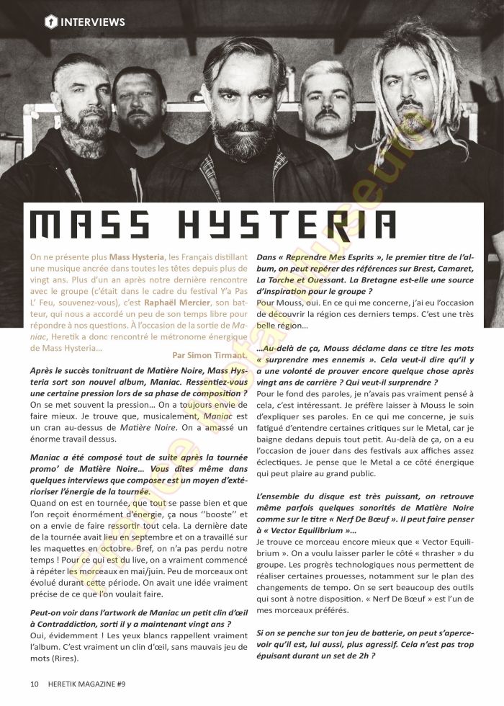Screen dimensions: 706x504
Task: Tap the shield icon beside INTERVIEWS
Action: tap(52, 22)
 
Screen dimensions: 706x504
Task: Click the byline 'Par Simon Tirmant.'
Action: tap(211, 354)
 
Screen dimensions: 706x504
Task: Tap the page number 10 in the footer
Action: tap(35, 683)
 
